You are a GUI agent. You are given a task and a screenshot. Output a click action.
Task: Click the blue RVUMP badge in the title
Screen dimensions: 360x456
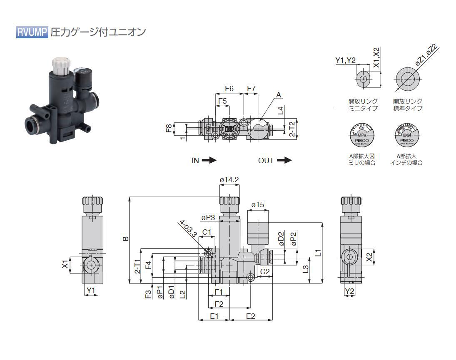[x=32, y=32]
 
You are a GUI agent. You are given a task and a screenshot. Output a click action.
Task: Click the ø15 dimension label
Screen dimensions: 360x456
[x=258, y=205]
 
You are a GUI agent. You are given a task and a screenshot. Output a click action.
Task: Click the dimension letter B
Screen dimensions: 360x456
[x=126, y=238]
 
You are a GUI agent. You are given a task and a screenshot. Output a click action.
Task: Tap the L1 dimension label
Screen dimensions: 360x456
[x=318, y=252]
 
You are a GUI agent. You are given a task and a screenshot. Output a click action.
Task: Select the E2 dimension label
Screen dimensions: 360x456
[x=251, y=316]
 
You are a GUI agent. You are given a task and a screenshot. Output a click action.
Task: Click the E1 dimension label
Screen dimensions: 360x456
[x=214, y=316]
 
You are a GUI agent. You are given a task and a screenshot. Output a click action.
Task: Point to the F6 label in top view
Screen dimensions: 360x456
[x=229, y=88]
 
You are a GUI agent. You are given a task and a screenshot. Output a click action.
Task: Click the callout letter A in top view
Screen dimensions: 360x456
[x=279, y=95]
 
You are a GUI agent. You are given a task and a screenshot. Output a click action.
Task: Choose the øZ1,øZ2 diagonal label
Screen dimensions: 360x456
[x=425, y=55]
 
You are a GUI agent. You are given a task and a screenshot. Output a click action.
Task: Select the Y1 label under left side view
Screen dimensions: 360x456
[x=91, y=290]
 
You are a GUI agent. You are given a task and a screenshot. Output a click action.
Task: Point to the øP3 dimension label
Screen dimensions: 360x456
[x=208, y=218]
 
